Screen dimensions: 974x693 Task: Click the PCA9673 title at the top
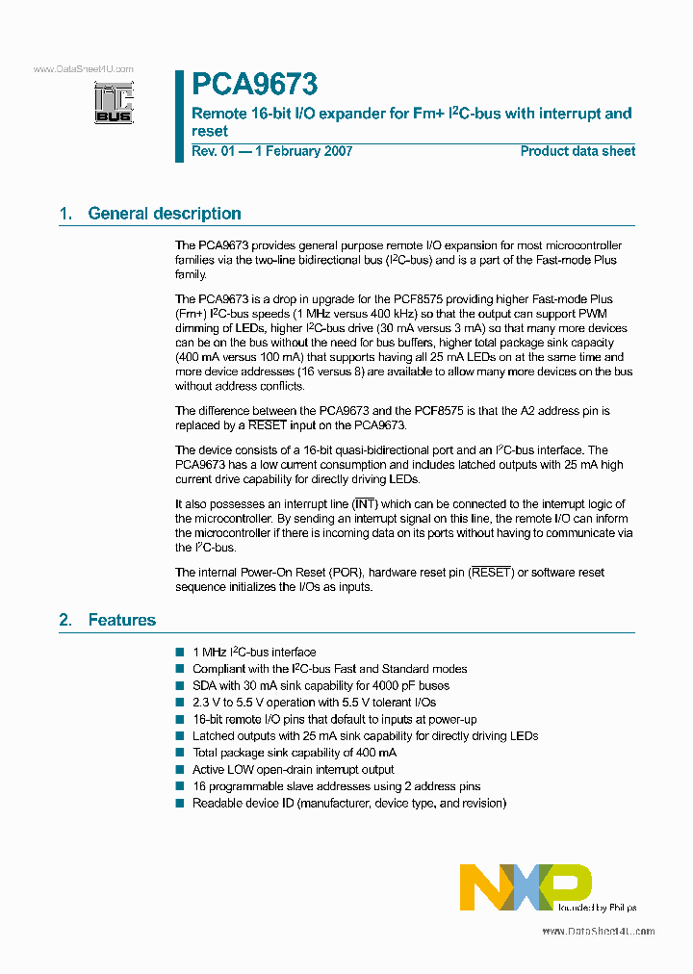[x=254, y=86]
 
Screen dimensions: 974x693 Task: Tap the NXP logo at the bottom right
[x=526, y=886]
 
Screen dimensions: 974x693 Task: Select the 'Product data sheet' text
[x=577, y=151]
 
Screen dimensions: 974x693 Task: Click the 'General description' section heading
[x=164, y=214]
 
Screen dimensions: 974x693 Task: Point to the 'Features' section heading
[x=121, y=620]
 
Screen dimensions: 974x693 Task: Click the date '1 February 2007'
[x=304, y=151]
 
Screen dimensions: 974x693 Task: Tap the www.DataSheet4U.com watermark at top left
[x=83, y=69]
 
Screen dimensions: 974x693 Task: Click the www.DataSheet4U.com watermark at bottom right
[x=598, y=931]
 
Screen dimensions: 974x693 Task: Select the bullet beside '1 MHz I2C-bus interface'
[x=180, y=653]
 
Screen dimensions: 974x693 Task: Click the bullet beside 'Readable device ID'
[x=180, y=803]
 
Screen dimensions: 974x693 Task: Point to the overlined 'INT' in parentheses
[x=364, y=504]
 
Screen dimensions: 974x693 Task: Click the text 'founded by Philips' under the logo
[x=597, y=907]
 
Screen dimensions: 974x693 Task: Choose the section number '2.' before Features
[x=65, y=620]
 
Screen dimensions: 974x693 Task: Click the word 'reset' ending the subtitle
[x=210, y=131]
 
